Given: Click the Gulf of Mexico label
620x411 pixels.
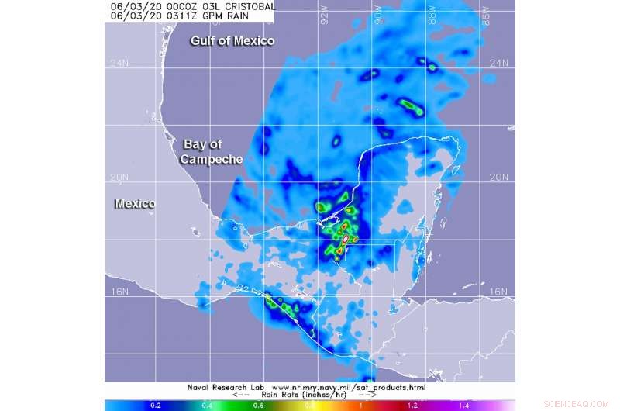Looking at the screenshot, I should tap(233, 40).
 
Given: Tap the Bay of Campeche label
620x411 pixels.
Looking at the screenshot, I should tap(212, 151).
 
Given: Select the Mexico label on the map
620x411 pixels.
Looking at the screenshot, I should tap(135, 203).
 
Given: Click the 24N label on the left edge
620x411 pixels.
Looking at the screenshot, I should tap(118, 64).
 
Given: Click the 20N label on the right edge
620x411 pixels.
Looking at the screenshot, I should tap(503, 178).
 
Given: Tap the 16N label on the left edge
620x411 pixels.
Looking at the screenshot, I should tap(118, 292).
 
